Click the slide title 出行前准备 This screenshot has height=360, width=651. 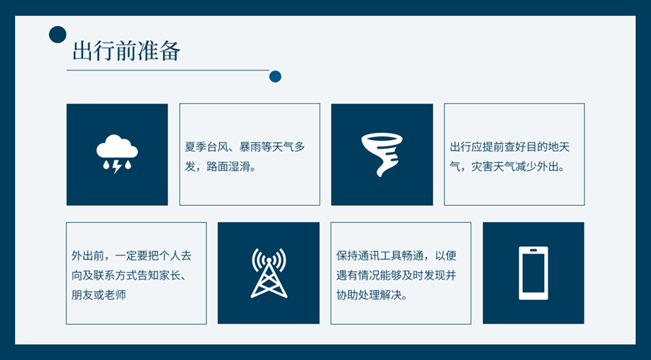click(x=127, y=51)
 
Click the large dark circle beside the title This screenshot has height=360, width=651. click(x=57, y=34)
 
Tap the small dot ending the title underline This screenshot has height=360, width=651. click(x=275, y=77)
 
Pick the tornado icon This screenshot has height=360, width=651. click(x=381, y=153)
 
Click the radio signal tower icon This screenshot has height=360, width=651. click(x=269, y=273)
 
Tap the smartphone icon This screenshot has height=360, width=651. click(x=533, y=273)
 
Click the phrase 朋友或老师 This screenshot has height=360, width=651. click(x=99, y=295)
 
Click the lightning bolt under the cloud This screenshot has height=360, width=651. click(x=117, y=166)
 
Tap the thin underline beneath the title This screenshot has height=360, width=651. click(x=166, y=70)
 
